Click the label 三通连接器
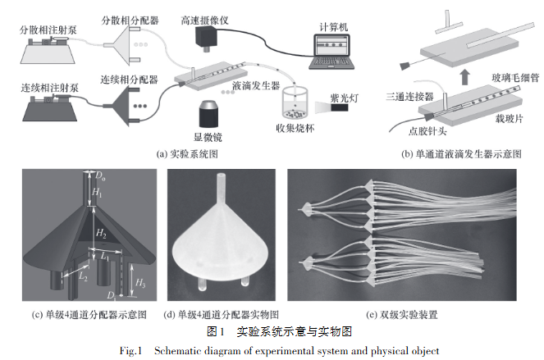(410, 96)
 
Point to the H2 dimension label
(99, 234)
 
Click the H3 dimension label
(141, 284)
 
